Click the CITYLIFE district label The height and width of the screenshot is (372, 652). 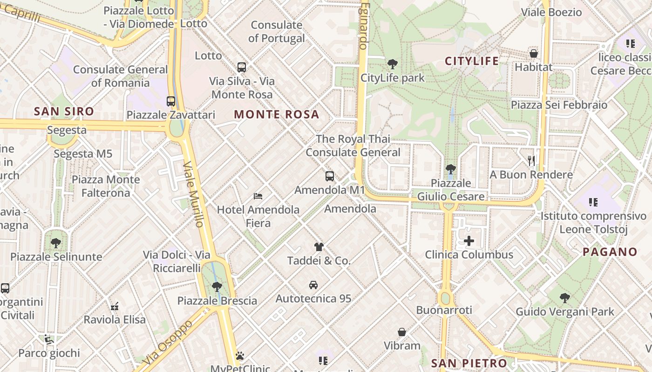coord(472,61)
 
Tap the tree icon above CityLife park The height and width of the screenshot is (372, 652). coord(393,64)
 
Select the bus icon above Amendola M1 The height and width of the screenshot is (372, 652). coord(330,176)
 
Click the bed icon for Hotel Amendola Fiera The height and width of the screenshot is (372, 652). coord(258,196)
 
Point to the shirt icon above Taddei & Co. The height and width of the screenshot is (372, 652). coord(319,246)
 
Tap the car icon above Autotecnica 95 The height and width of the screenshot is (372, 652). coord(313,285)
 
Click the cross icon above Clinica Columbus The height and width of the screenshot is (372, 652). coord(469,241)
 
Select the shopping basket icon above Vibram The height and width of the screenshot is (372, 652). coord(402,332)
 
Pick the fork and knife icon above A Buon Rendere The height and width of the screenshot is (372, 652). coord(531,161)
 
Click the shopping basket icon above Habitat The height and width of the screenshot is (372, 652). coord(534,53)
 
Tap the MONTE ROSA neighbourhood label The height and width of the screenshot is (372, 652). coord(277,114)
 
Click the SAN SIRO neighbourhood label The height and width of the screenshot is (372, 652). coord(64,112)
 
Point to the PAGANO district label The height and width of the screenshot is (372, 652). coord(610,252)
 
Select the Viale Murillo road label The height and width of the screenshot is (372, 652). coord(194,194)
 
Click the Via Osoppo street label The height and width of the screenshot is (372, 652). coord(168,342)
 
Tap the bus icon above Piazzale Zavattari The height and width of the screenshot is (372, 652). coord(171,101)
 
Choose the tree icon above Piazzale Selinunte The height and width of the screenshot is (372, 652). coord(56,243)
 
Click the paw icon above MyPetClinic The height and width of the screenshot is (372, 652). coord(240,356)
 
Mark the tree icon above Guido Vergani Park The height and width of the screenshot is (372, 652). coord(565,298)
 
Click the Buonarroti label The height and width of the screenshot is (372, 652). coord(444,310)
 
